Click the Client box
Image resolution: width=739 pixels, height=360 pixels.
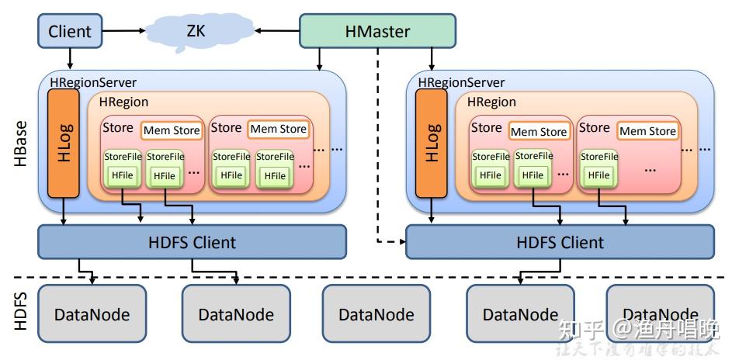pos(70,32)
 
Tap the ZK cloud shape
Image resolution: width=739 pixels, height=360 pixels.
pos(195,32)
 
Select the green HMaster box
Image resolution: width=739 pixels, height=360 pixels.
pos(377,32)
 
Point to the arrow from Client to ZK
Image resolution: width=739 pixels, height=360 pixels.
pos(124,32)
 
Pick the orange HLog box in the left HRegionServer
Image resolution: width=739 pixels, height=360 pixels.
pos(64,143)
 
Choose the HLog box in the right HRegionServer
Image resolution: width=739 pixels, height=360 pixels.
pos(432,143)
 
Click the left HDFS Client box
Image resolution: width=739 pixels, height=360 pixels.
pos(192,242)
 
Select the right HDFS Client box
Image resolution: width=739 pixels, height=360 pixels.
pos(560,242)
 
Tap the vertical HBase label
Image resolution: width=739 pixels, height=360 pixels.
pos(21,141)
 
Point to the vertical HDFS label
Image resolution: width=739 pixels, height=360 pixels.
pos(21,311)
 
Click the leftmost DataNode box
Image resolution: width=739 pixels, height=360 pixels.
pos(92,314)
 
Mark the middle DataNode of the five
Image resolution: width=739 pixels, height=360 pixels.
pos(376,314)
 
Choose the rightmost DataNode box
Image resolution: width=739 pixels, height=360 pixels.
pos(660,314)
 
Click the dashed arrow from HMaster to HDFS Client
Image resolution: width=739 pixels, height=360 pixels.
pos(378,155)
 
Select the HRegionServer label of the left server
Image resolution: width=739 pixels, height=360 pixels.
pos(93,82)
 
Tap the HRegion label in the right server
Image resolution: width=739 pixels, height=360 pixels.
pos(491,102)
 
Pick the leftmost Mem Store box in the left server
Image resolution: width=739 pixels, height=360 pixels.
pos(172,130)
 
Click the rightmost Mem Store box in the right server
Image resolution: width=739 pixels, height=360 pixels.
pos(647,131)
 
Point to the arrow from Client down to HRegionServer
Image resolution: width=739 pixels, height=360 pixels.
pos(70,58)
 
